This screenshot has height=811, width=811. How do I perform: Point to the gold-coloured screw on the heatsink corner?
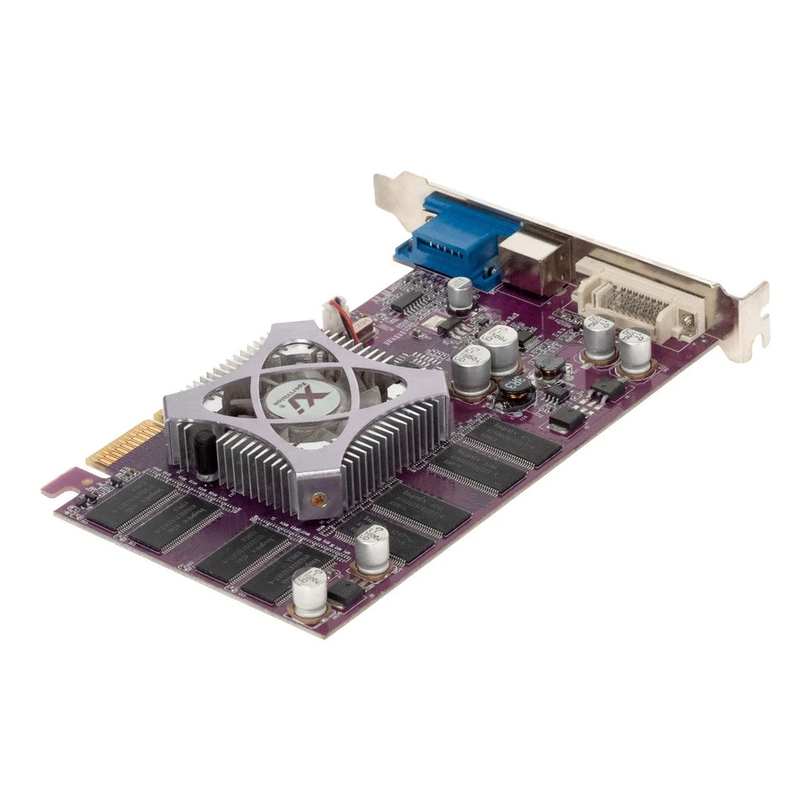318,499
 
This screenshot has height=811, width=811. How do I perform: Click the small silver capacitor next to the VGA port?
460,292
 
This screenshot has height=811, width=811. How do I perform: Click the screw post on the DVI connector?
689,320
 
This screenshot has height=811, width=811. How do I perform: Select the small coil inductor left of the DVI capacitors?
551,365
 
